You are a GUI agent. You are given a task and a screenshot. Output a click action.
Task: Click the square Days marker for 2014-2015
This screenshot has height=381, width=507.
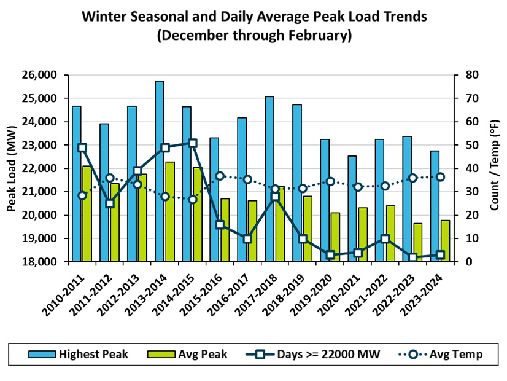193,143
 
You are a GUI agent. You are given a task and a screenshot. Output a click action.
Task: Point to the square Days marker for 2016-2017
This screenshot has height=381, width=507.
247,238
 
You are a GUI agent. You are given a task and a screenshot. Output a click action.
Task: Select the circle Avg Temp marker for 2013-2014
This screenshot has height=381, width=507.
165,197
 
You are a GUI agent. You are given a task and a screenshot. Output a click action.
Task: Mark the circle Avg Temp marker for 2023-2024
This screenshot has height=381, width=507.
440,177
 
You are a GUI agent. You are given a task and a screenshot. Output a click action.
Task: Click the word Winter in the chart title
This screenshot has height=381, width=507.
106,17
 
